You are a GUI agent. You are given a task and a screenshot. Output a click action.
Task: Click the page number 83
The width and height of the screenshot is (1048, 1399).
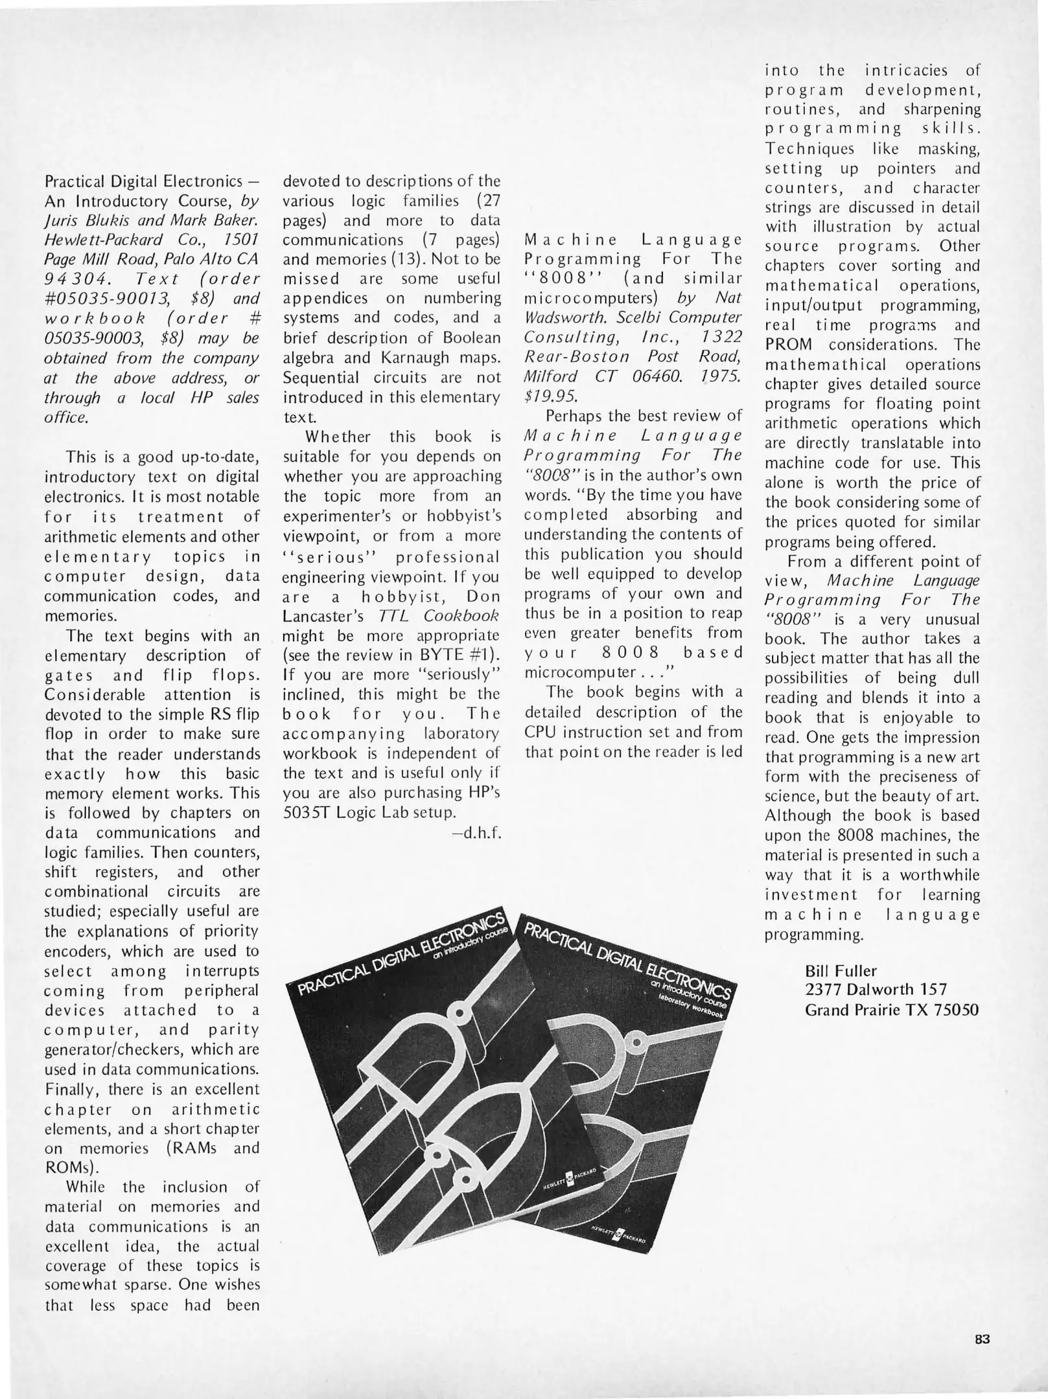point(982,1340)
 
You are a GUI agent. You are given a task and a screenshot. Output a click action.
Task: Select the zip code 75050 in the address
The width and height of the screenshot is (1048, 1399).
point(957,1010)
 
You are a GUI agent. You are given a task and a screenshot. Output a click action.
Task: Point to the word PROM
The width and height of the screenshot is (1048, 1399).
point(788,345)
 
